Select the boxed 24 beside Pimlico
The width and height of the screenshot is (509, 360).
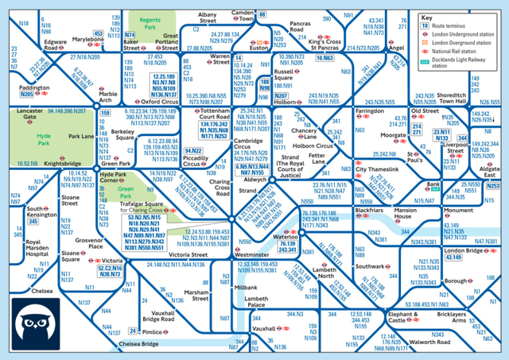(132, 330)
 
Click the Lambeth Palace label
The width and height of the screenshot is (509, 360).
(257, 302)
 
